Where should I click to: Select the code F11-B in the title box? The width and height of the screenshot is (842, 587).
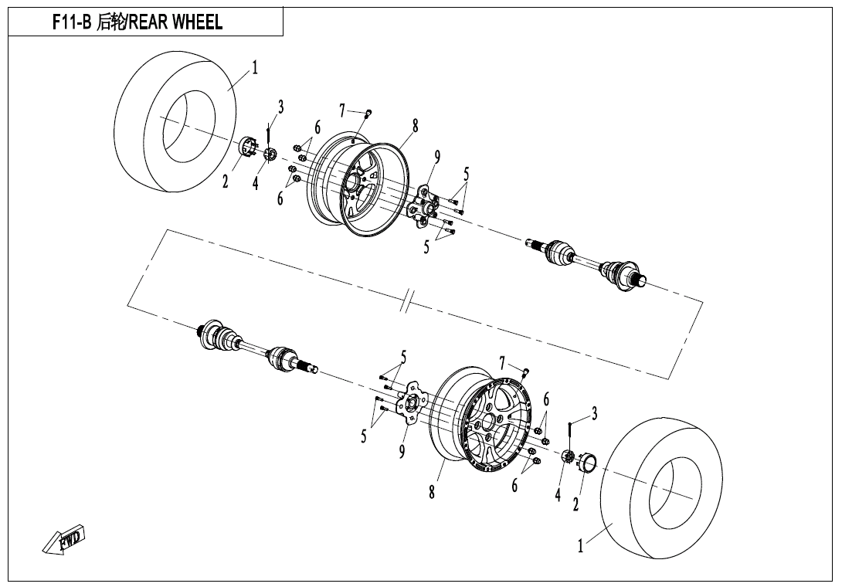coord(71,22)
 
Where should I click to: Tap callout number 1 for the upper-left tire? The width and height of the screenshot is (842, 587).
coord(256,68)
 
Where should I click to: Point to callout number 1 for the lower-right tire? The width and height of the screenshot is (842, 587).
coord(581,546)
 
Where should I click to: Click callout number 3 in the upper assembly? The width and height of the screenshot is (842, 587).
coord(281,107)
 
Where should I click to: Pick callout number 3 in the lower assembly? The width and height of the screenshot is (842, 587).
coord(594,414)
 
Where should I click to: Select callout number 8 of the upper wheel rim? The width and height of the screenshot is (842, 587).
coord(415,126)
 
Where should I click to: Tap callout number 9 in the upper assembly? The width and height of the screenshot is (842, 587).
coord(437,158)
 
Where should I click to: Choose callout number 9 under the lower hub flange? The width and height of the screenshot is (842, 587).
coord(402,451)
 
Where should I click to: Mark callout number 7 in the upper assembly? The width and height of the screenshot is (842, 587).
coord(342,111)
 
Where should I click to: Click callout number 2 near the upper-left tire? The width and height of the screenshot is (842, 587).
coord(226,182)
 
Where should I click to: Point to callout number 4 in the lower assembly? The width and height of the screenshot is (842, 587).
coord(558,494)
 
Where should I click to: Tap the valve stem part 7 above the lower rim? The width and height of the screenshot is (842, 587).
coord(525,372)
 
